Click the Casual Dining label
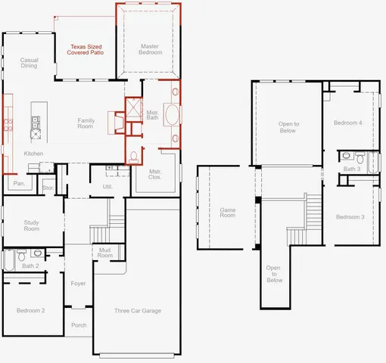[x=29, y=63]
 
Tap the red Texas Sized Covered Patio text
[x=84, y=50]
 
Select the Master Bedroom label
[x=150, y=50]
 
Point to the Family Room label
[x=85, y=124]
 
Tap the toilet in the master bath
[x=134, y=157]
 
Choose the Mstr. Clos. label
[x=156, y=174]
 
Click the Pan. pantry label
[x=19, y=184]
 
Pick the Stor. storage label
[x=48, y=187]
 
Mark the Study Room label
[x=31, y=225]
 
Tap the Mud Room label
[x=104, y=253]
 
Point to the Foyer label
[x=78, y=284]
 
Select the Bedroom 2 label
[x=31, y=311]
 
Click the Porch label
[x=79, y=325]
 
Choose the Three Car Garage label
[x=137, y=311]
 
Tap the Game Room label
[x=228, y=213]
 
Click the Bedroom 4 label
[x=349, y=123]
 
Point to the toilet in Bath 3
[x=346, y=157]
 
